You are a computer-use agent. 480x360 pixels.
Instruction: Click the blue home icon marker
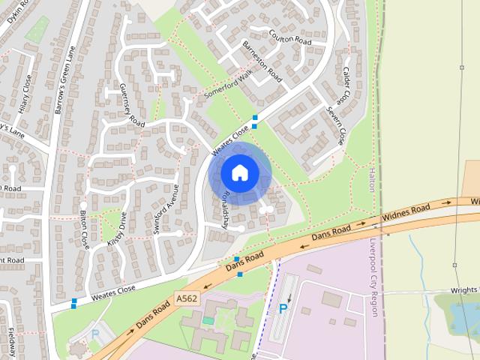pyautogui.click(x=239, y=172)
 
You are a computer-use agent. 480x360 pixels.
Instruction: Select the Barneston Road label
pyautogui.click(x=262, y=61)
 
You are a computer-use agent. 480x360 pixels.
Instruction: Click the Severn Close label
pyautogui.click(x=334, y=125)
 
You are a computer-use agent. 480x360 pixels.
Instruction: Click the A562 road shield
pyautogui.click(x=187, y=298)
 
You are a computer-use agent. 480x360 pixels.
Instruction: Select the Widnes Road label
pyautogui.click(x=406, y=212)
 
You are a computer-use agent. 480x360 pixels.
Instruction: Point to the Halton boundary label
pyautogui.click(x=371, y=180)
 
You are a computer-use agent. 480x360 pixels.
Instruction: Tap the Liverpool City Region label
pyautogui.click(x=372, y=276)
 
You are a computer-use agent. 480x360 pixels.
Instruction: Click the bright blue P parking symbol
pyautogui.click(x=283, y=308)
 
